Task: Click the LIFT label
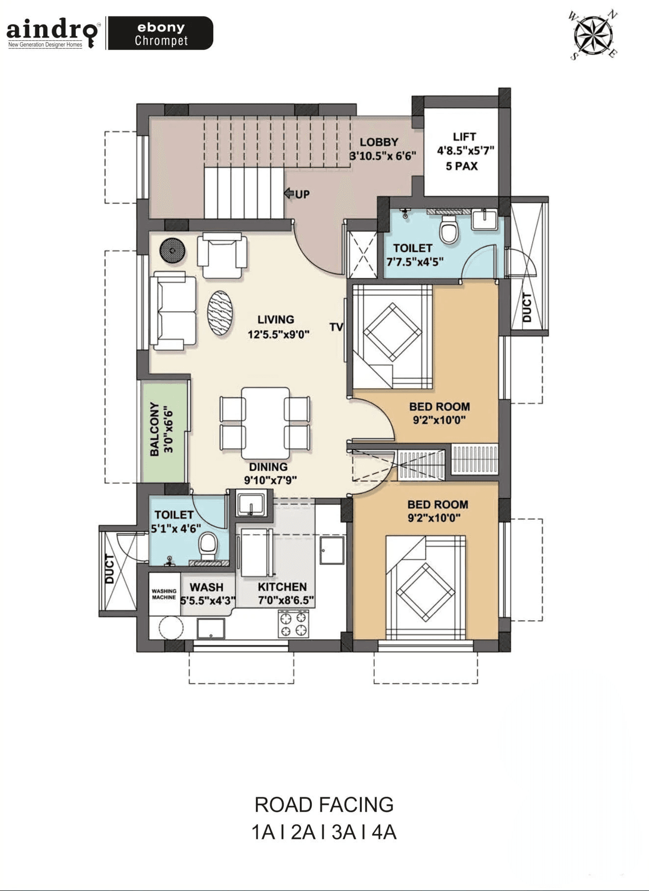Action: coord(464,136)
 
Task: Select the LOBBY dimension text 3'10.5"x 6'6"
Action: coord(383,156)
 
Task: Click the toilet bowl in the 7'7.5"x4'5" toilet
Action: coord(449,229)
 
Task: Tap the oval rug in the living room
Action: coord(220,313)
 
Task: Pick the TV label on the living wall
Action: coord(336,327)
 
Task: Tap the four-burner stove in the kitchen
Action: coord(293,624)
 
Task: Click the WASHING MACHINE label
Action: coord(164,594)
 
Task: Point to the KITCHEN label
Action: coord(282,587)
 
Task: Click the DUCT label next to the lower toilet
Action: coord(110,569)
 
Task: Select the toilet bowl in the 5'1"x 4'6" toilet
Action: coord(208,547)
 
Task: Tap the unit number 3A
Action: coord(343,832)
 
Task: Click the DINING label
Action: coord(268,467)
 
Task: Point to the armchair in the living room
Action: coord(222,256)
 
